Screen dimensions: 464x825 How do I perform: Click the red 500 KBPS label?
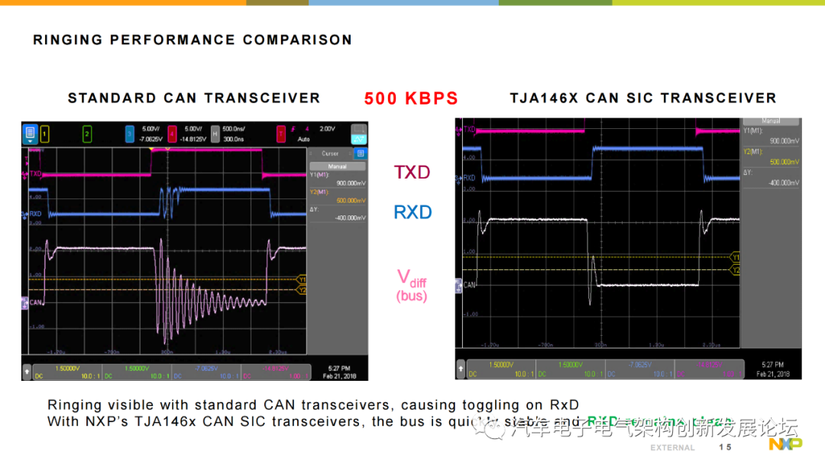coord(411,98)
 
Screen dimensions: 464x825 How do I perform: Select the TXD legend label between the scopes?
coord(412,172)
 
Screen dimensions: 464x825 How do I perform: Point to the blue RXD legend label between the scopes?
coord(412,212)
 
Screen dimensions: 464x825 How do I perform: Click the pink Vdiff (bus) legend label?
coord(412,285)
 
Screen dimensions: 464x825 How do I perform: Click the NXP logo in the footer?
coord(785,444)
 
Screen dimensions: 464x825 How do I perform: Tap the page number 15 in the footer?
coord(724,446)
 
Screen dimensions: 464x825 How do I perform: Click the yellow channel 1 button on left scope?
coord(44,134)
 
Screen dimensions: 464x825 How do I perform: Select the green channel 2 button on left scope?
coord(87,134)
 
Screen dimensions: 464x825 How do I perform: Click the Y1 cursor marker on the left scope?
coord(302,279)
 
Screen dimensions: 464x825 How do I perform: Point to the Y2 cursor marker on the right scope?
coord(736,270)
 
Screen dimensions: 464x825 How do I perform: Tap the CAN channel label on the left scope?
coord(35,302)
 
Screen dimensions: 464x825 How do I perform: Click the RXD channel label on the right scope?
coord(468,179)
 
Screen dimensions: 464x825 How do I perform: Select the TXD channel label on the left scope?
coord(35,174)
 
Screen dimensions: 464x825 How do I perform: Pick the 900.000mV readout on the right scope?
coord(785,142)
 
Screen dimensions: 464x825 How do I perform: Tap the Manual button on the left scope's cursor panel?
coord(337,166)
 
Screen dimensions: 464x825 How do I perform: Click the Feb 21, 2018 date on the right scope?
coord(773,374)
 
